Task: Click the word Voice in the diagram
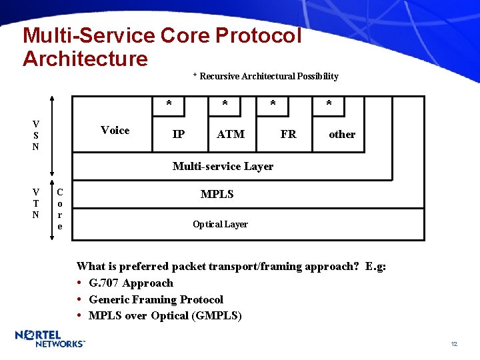point(115,131)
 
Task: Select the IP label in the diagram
point(179,134)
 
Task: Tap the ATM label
point(231,134)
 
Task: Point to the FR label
point(288,134)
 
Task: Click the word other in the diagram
point(342,134)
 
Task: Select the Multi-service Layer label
point(223,166)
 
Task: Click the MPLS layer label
point(217,195)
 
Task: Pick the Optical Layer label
point(220,224)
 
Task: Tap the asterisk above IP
point(169,104)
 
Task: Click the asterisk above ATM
point(225,104)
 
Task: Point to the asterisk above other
point(329,104)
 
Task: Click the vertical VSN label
point(35,135)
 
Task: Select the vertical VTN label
point(35,203)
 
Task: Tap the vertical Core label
point(59,208)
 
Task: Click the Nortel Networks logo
point(50,339)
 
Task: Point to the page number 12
point(454,344)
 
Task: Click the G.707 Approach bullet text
point(131,283)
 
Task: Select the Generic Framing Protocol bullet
point(156,299)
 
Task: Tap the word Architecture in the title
point(85,58)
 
